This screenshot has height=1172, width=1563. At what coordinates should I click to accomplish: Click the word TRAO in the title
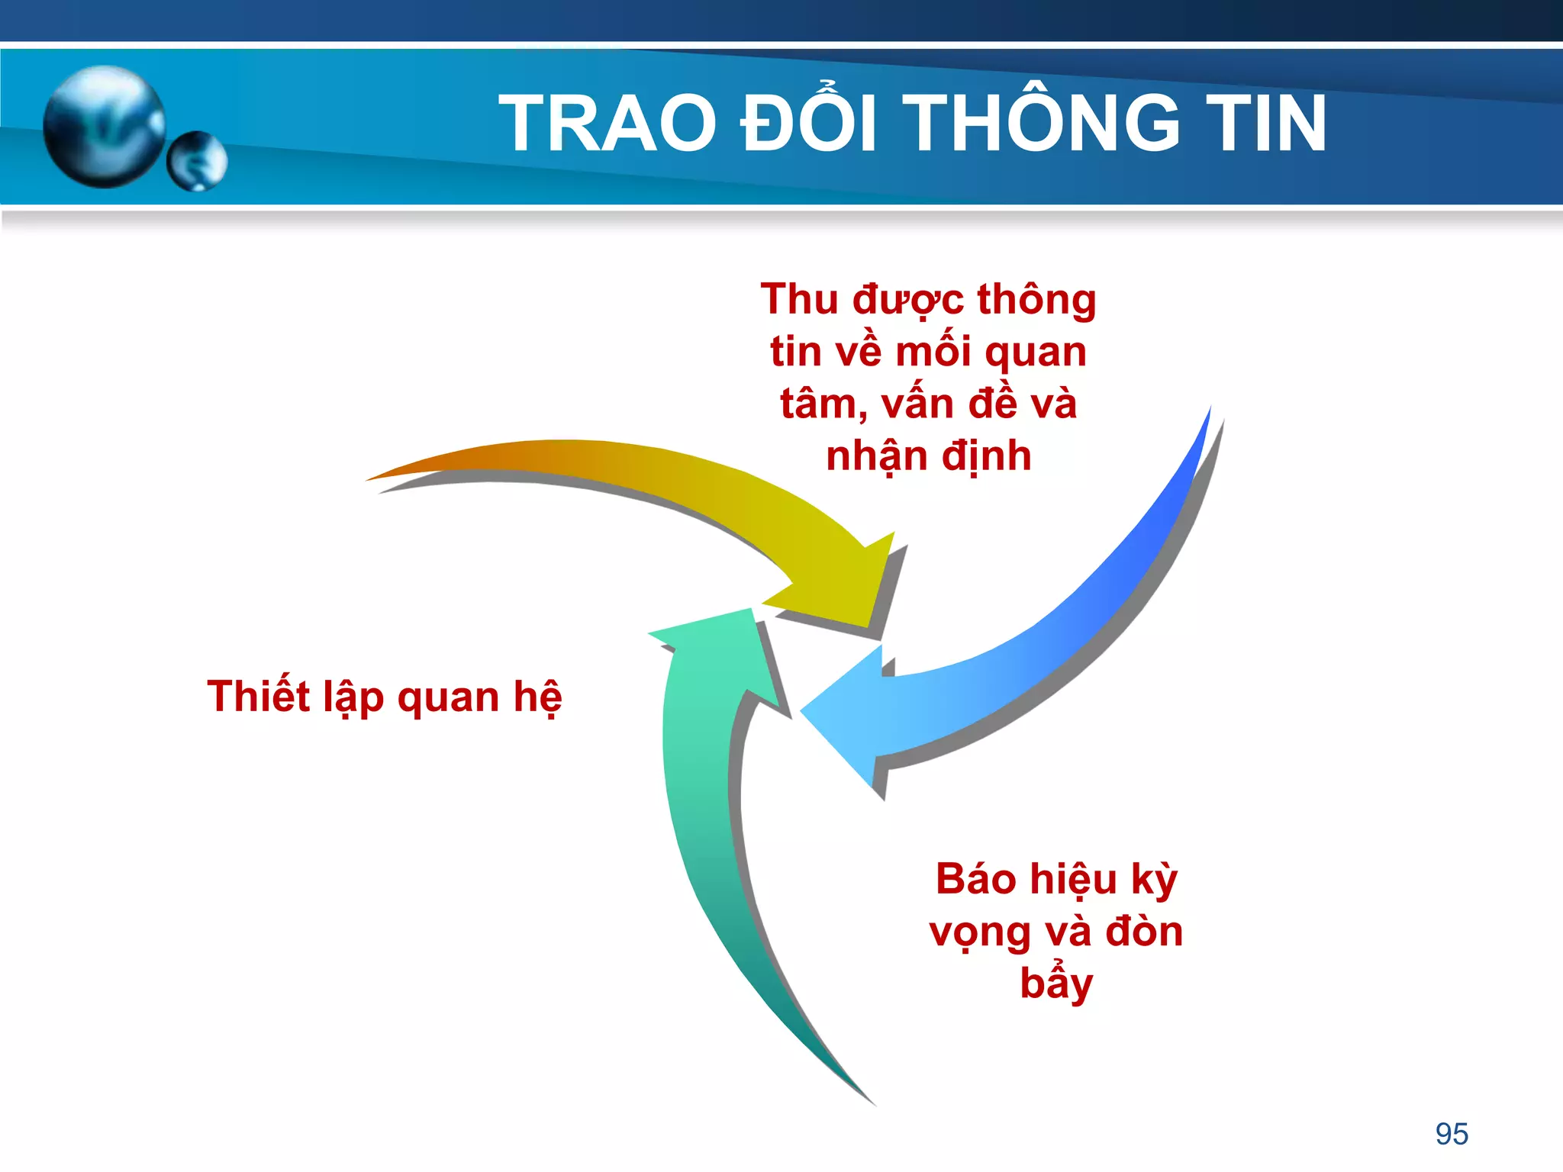click(x=607, y=124)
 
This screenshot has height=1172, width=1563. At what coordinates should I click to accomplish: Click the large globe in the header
click(x=103, y=126)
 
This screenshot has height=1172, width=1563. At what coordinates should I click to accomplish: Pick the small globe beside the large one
click(x=197, y=161)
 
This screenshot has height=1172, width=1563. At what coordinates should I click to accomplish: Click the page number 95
click(x=1452, y=1134)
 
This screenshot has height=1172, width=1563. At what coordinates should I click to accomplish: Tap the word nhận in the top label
click(x=877, y=456)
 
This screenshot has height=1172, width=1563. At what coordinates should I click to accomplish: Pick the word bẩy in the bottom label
click(x=1056, y=984)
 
